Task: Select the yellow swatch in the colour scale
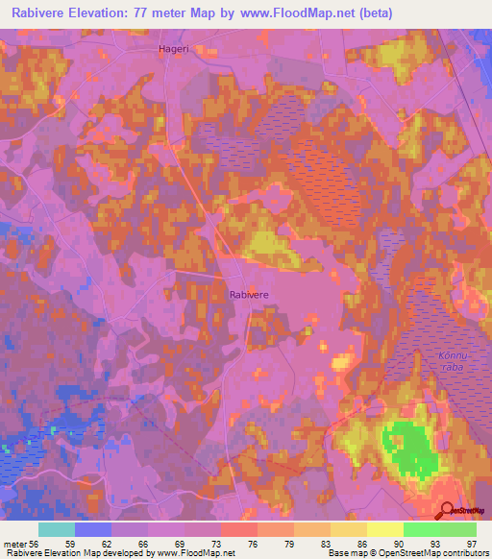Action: tap(385, 529)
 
